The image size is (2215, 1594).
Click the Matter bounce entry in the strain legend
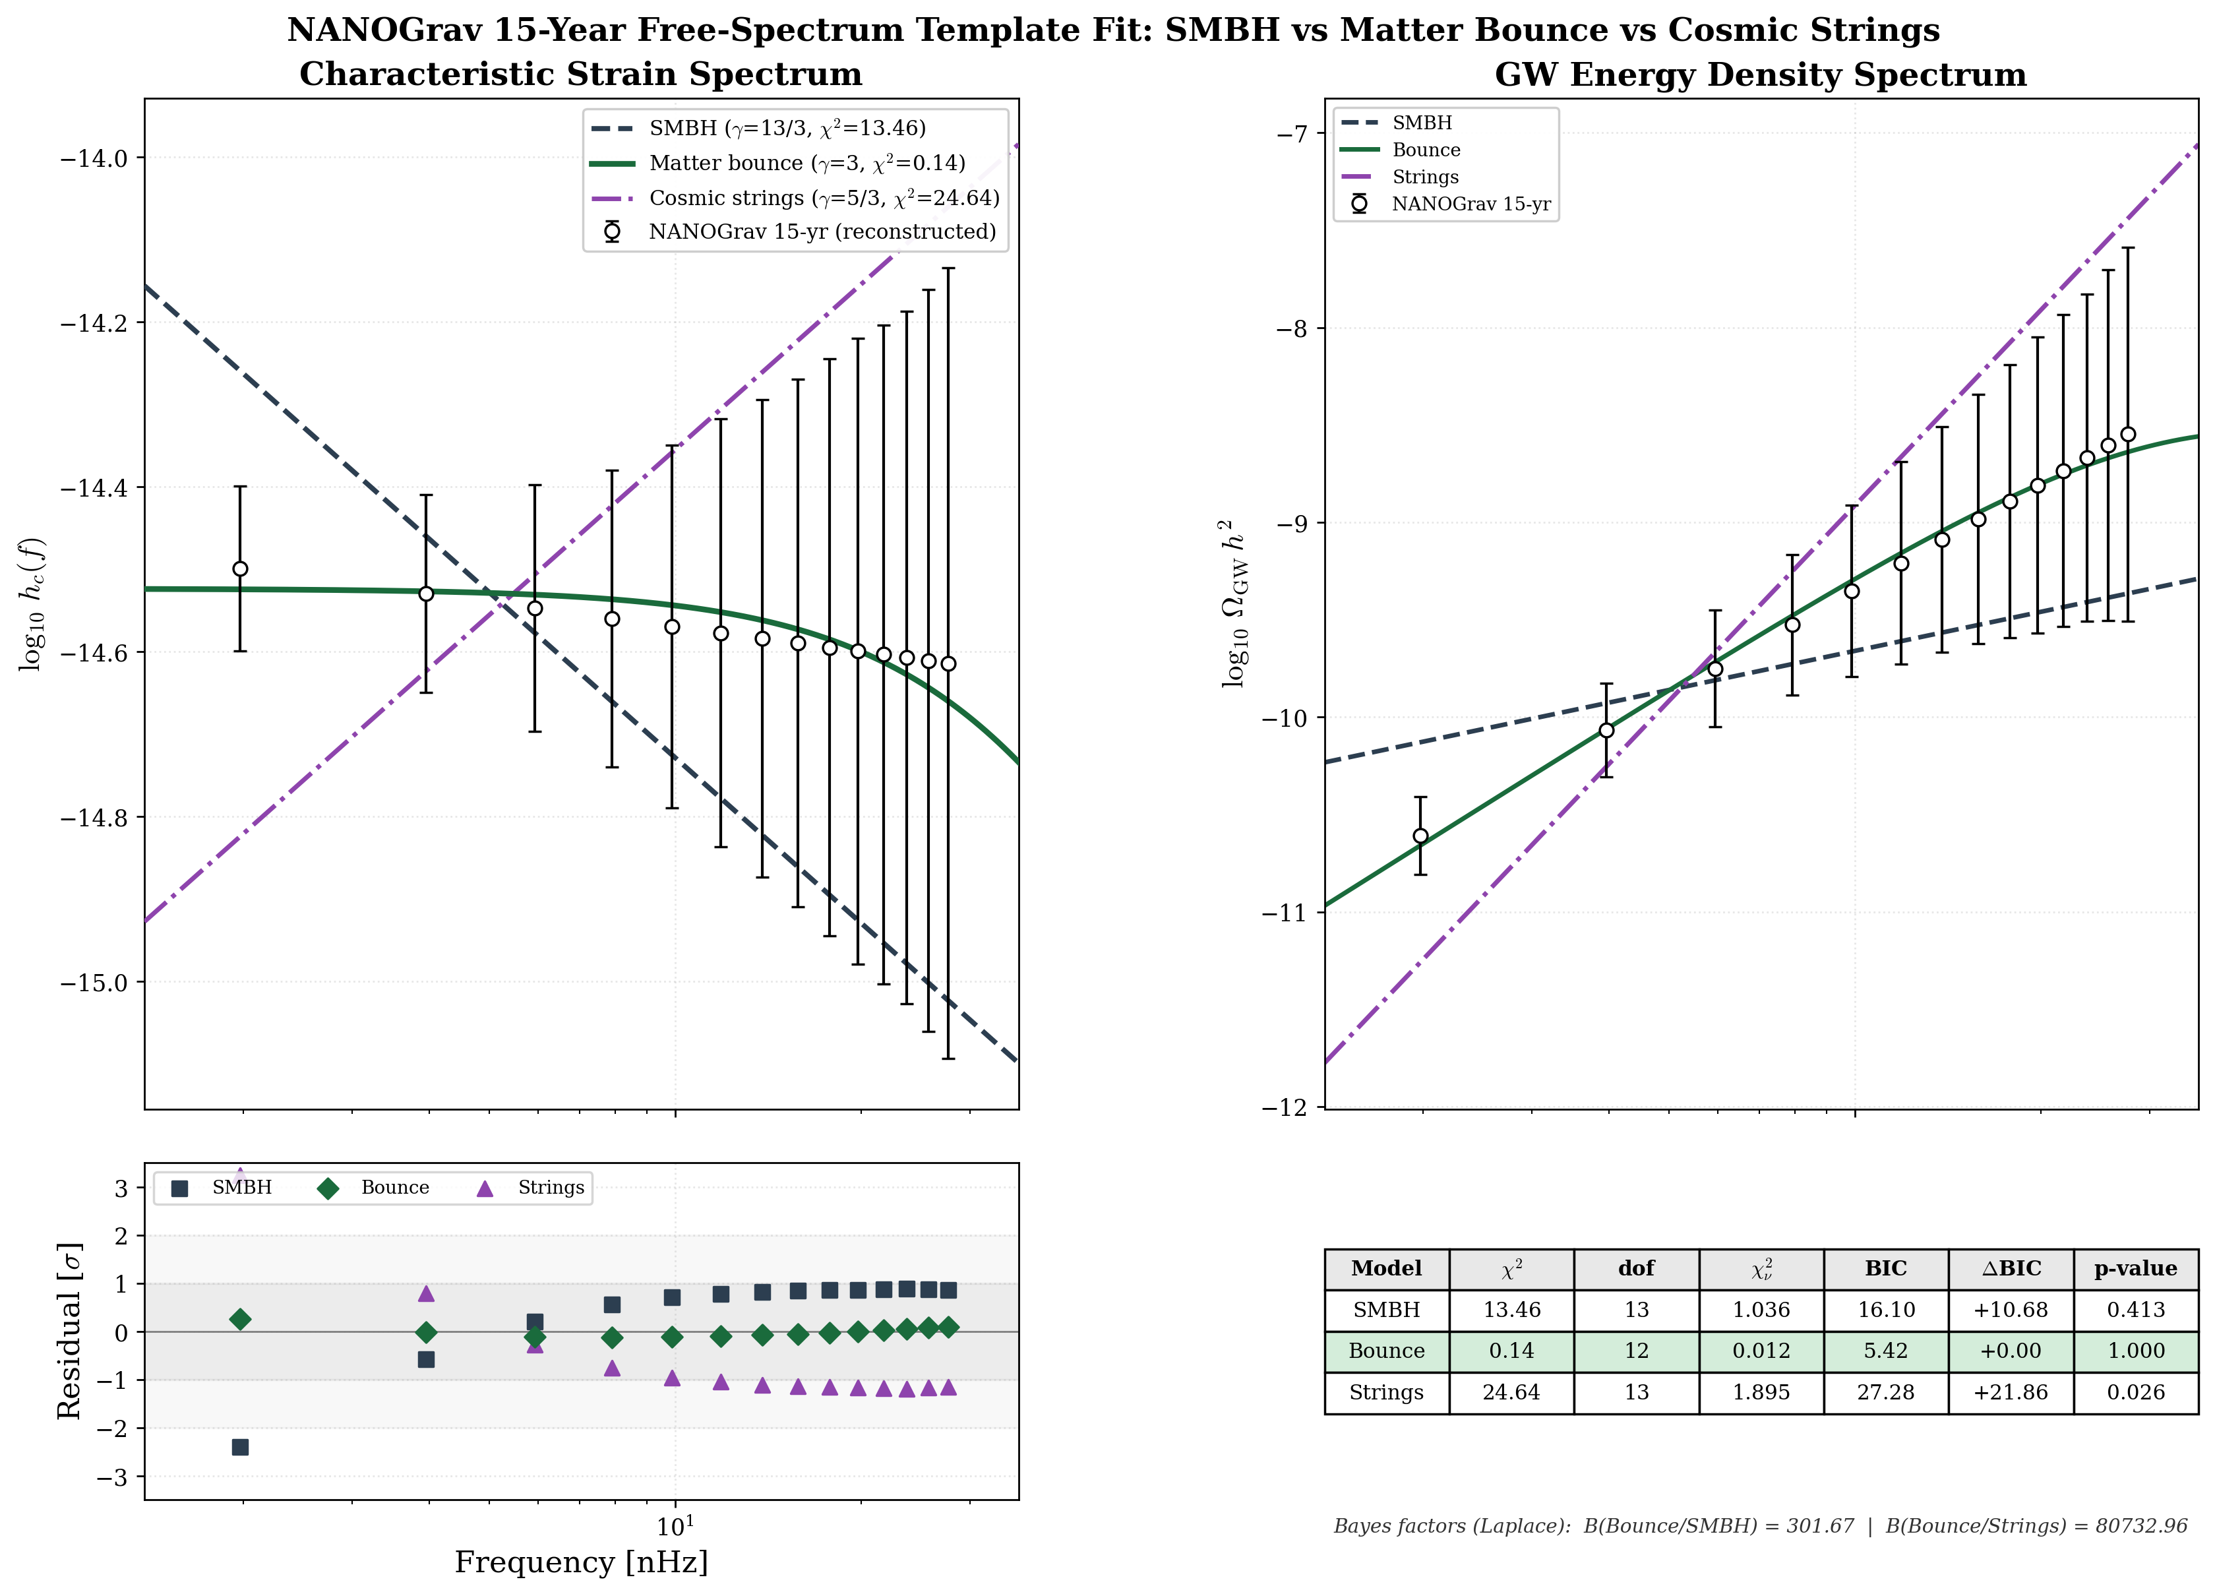click(x=806, y=163)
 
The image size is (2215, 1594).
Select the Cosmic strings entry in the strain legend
click(x=824, y=199)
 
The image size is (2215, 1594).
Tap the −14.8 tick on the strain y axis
click(x=95, y=818)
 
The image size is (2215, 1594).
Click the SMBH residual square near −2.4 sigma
click(x=240, y=1446)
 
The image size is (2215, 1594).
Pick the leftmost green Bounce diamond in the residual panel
click(x=240, y=1320)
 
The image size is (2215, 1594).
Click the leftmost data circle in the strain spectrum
click(x=240, y=568)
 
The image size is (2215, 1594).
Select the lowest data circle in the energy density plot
click(x=1421, y=836)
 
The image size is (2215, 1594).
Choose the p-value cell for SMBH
click(x=2136, y=1310)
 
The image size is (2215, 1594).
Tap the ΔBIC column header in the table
click(x=2011, y=1269)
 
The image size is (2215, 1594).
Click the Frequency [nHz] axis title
click(x=581, y=1562)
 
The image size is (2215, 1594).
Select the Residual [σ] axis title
click(x=69, y=1330)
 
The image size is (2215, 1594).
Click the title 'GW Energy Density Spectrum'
click(x=1760, y=75)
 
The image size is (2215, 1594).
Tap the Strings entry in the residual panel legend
click(x=550, y=1188)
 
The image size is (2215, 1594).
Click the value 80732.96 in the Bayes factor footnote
click(x=2140, y=1525)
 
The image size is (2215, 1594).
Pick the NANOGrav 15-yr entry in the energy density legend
click(x=1470, y=204)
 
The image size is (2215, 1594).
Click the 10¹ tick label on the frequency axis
click(x=675, y=1523)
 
